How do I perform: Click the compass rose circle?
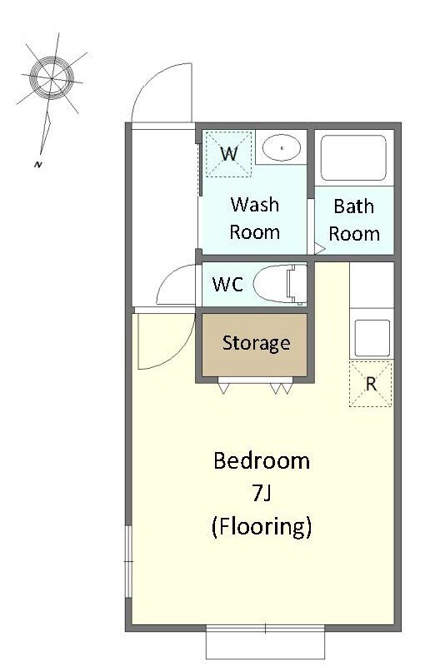click(52, 78)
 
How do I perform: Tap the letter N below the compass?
click(37, 165)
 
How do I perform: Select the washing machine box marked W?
click(229, 154)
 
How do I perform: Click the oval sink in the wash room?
click(281, 148)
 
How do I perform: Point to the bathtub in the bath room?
click(353, 158)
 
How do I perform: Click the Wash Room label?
click(254, 218)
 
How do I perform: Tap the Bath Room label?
click(354, 220)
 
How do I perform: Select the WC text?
click(227, 284)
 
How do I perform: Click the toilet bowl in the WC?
click(279, 283)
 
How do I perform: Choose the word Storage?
click(256, 343)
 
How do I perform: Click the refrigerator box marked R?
click(371, 384)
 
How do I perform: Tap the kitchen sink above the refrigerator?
click(372, 338)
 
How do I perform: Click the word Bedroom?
click(262, 461)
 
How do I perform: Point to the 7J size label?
click(261, 493)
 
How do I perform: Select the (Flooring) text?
click(262, 526)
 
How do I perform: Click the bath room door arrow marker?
click(319, 248)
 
